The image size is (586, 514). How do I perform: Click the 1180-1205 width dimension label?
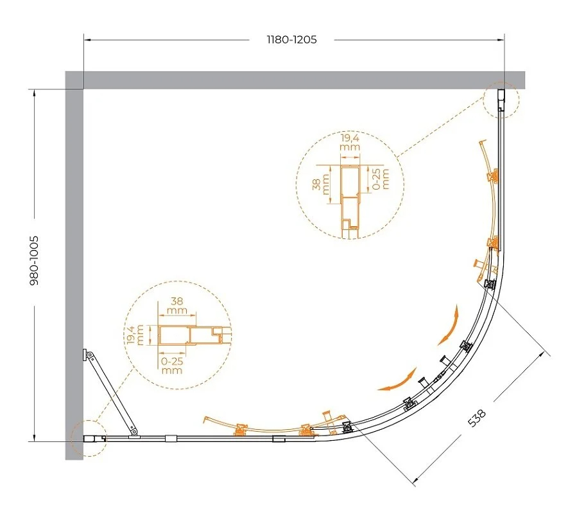291,39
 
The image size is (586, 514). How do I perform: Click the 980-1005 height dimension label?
34,260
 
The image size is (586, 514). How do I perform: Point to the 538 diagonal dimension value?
477,418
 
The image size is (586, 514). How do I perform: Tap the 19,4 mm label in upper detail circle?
350,142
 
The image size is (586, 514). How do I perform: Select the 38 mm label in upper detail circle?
321,184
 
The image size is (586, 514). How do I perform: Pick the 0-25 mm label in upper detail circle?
381,179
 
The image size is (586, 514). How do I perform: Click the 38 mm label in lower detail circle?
177,305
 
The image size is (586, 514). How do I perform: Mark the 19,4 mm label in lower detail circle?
134,334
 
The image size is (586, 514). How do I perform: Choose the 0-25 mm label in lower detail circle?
172,366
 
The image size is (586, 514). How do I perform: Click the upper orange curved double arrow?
449,326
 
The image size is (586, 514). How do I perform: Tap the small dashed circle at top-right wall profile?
501,100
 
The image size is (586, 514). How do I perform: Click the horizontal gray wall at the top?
295,80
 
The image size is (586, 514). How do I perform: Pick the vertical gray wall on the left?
74,265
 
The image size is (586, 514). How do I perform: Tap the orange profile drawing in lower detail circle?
194,335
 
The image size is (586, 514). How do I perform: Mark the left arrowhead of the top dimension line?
87,39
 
